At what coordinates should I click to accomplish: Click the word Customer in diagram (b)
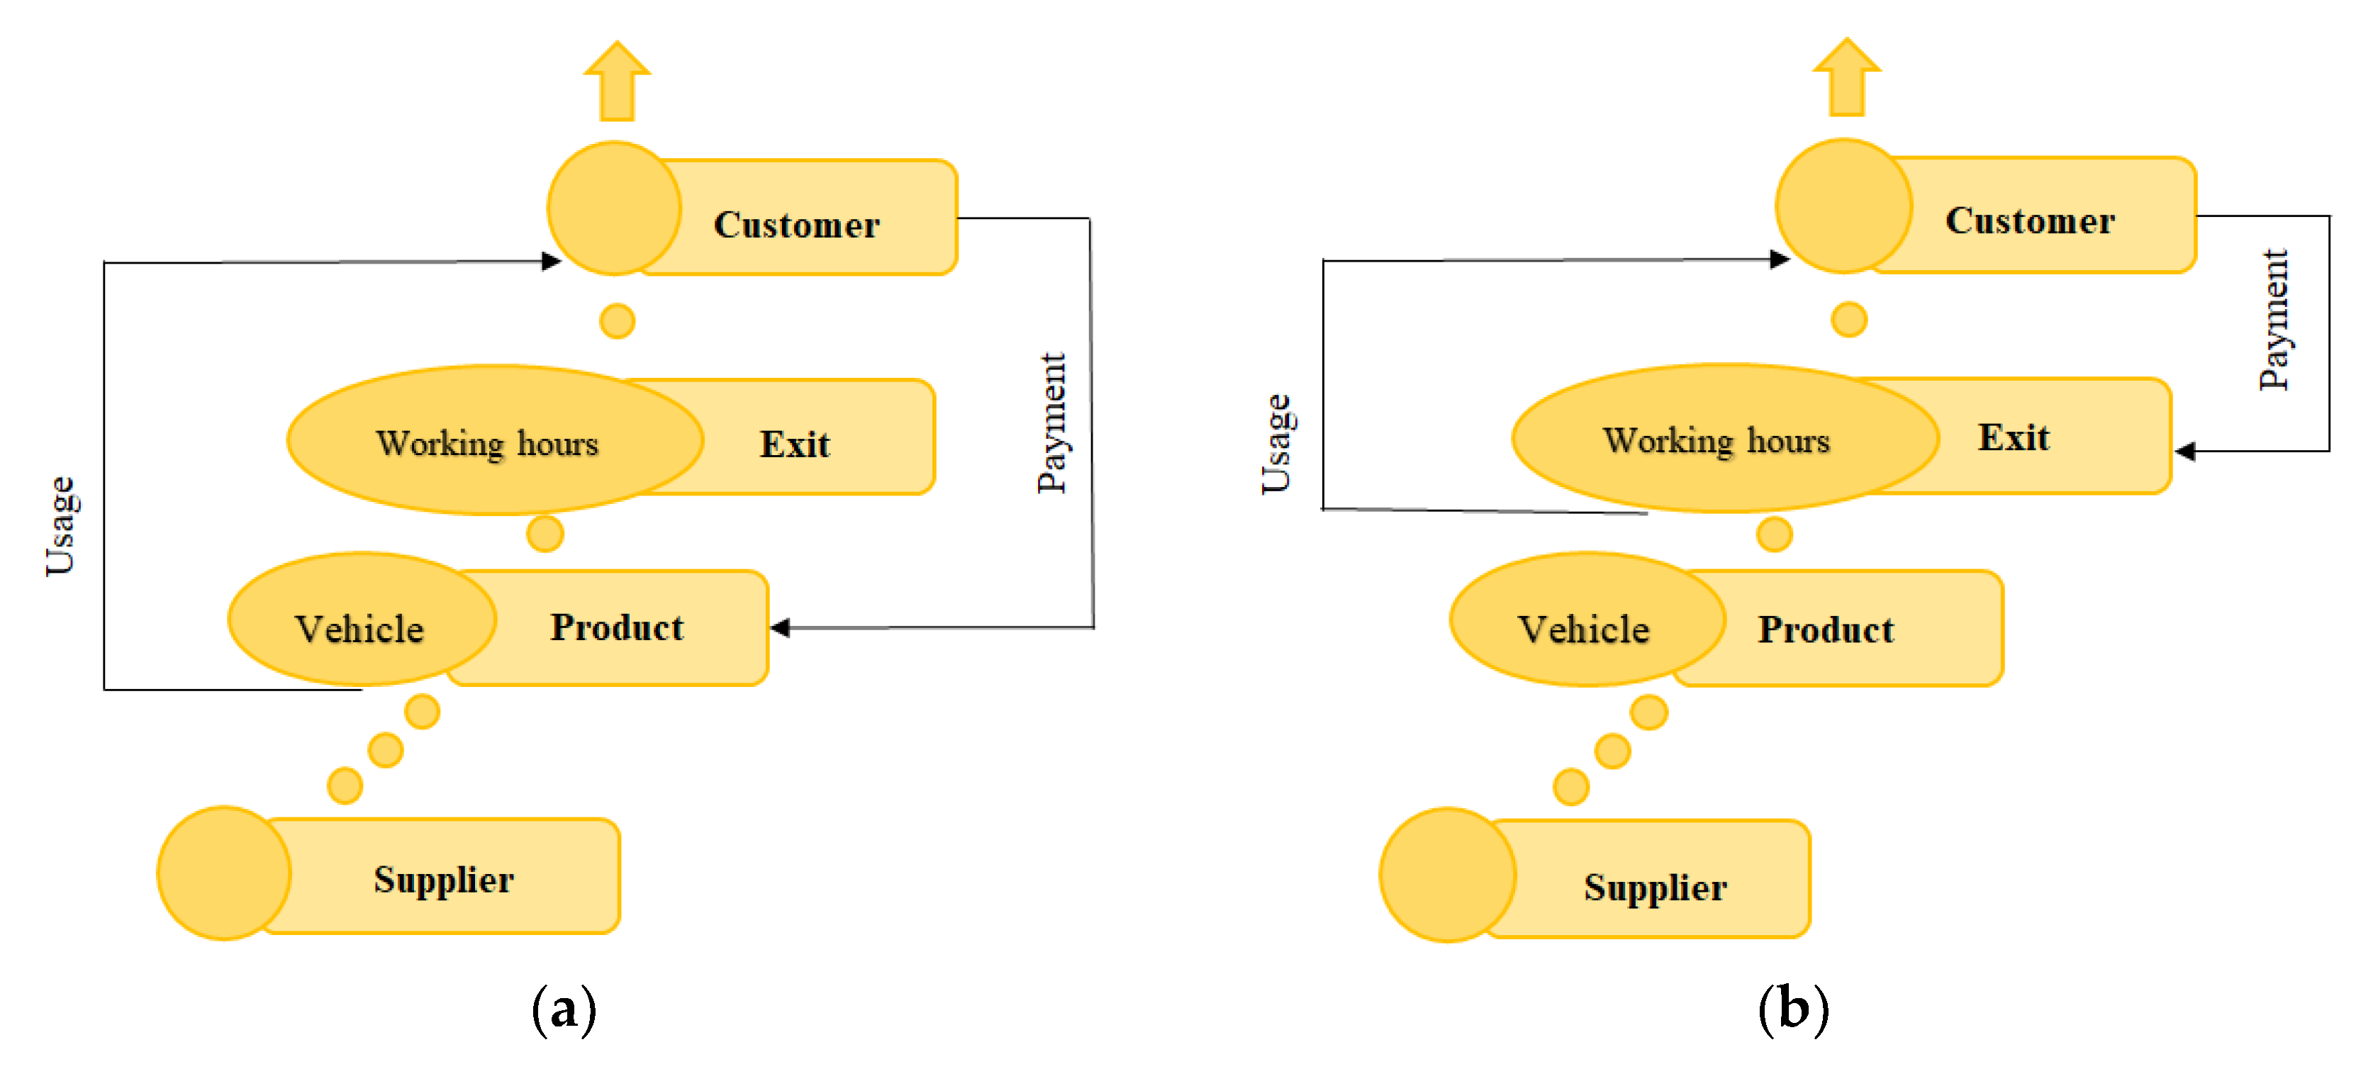2029,220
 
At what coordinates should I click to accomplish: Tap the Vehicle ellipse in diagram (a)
360,629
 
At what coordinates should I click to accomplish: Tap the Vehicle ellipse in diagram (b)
1584,629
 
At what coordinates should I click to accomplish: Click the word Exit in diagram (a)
794,444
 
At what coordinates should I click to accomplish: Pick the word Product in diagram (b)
1825,629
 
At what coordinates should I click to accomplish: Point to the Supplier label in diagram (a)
443,879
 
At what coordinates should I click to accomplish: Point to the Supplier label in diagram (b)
1656,887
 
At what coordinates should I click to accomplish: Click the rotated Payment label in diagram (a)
1051,422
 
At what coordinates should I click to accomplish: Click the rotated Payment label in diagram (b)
2274,320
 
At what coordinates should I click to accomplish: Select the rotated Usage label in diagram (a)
62,526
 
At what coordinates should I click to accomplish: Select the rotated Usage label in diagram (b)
1278,443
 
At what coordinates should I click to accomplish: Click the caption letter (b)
1793,1008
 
